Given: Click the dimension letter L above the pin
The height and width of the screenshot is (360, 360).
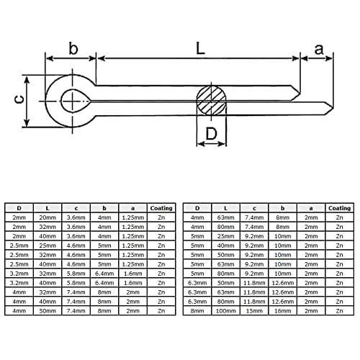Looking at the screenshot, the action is coord(200,48).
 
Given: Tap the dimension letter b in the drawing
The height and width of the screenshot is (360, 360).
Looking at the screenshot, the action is coord(73,48).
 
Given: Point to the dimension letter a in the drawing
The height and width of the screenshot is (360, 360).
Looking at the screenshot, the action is coord(319,50).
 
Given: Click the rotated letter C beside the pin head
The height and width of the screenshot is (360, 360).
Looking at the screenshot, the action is coord(19,99).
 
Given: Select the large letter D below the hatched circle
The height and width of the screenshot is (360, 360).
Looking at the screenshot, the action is coord(212,134).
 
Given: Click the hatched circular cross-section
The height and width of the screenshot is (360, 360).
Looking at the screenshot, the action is coord(211,101).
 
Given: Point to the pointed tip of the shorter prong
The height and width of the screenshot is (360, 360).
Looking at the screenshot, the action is coord(300,93).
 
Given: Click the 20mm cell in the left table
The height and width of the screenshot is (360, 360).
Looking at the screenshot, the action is coord(48,217).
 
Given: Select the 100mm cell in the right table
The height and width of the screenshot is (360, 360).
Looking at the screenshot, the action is coord(225,311).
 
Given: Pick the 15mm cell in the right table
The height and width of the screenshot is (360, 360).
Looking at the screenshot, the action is coord(254,311).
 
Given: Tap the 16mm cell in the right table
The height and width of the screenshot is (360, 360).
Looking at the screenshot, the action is coord(282,311).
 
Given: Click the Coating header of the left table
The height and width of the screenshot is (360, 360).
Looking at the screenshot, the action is coord(161,208).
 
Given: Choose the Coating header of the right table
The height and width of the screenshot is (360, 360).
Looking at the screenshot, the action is coord(340,208).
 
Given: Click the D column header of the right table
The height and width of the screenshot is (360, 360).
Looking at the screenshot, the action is coord(197,208).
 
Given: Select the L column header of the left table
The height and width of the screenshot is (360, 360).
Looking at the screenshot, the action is coord(48,208).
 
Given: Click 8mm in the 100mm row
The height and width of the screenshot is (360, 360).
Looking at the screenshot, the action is coord(197,311).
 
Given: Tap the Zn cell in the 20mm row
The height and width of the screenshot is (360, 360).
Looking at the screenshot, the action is coord(161,217).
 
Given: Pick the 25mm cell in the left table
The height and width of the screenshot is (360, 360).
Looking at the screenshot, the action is coord(48,246).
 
